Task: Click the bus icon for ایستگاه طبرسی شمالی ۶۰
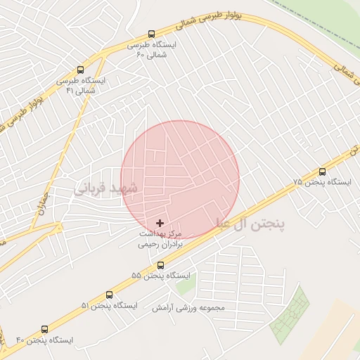[x=151, y=34]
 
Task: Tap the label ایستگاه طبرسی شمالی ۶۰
[x=151, y=49]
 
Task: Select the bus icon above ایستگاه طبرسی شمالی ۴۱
[x=80, y=70]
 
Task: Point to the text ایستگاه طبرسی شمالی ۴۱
[x=80, y=85]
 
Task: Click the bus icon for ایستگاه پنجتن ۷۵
[x=322, y=172]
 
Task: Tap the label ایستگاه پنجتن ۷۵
[x=322, y=182]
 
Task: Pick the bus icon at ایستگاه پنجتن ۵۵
[x=160, y=265]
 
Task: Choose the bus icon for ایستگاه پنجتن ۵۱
[x=109, y=295]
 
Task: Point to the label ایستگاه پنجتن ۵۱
[x=109, y=306]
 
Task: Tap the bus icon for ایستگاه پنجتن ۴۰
[x=45, y=329]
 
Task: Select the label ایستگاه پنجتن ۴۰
[x=44, y=340]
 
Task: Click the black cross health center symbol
[x=160, y=223]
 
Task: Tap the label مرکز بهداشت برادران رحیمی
[x=160, y=239]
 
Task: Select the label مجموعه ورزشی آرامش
[x=188, y=308]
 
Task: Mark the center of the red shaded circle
[x=180, y=179]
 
